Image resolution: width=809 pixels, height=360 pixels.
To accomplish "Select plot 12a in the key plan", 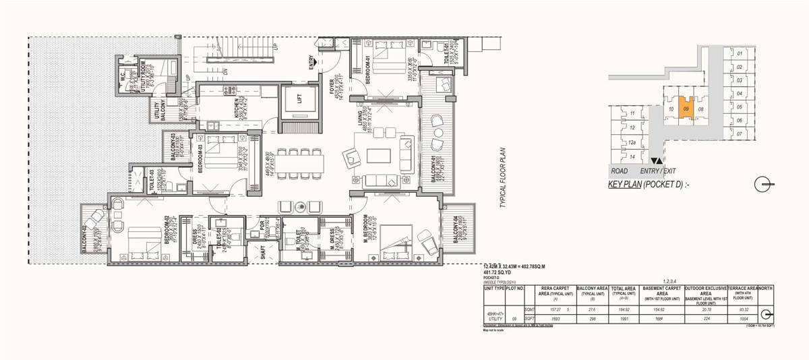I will click(632, 142).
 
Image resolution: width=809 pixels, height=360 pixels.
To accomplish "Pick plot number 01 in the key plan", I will click(739, 53).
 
